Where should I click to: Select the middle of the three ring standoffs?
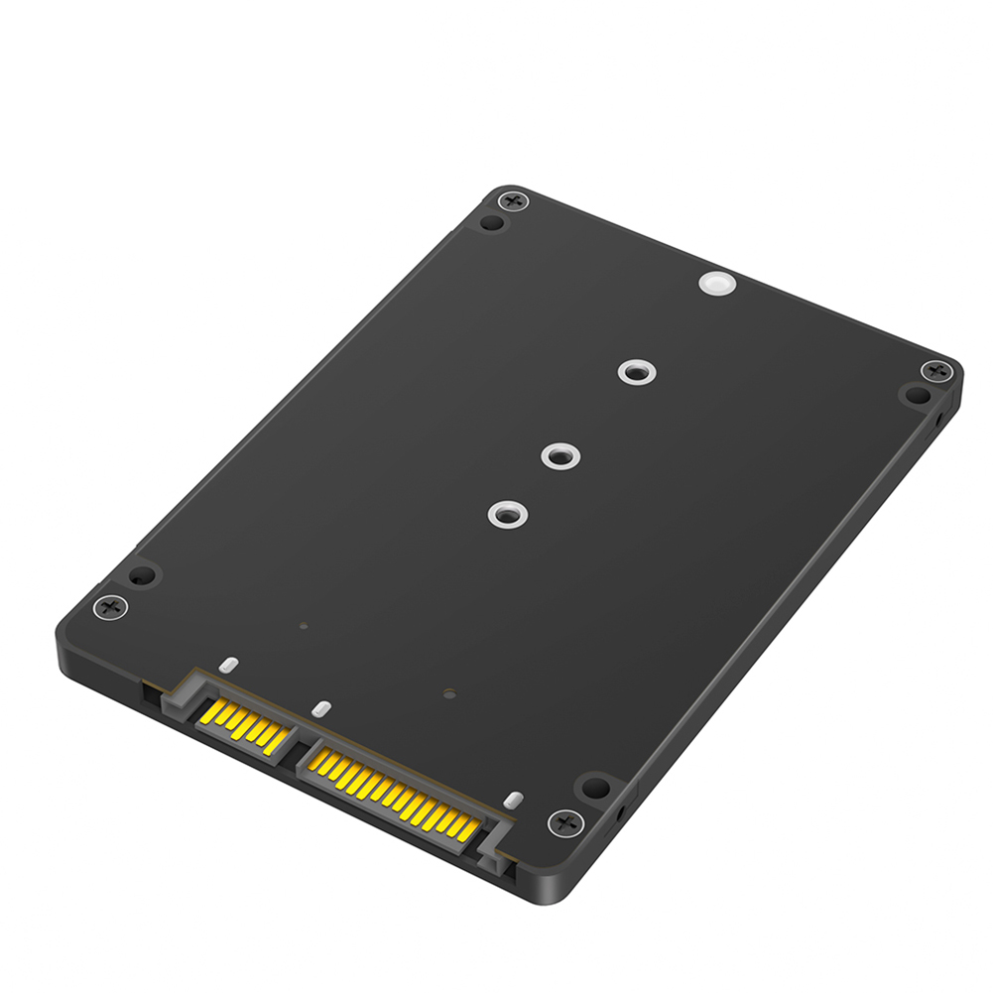560,456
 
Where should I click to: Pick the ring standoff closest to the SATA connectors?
506,515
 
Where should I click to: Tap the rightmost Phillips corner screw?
934,371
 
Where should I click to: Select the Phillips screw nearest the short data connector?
110,605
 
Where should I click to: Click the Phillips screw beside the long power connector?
564,821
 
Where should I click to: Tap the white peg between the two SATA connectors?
320,709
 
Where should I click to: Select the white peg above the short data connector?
228,662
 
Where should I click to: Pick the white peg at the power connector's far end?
512,800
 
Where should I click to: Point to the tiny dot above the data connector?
304,627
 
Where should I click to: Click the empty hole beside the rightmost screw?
913,396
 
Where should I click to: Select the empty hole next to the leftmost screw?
141,575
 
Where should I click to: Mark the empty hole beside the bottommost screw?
594,789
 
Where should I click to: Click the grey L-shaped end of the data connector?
176,694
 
